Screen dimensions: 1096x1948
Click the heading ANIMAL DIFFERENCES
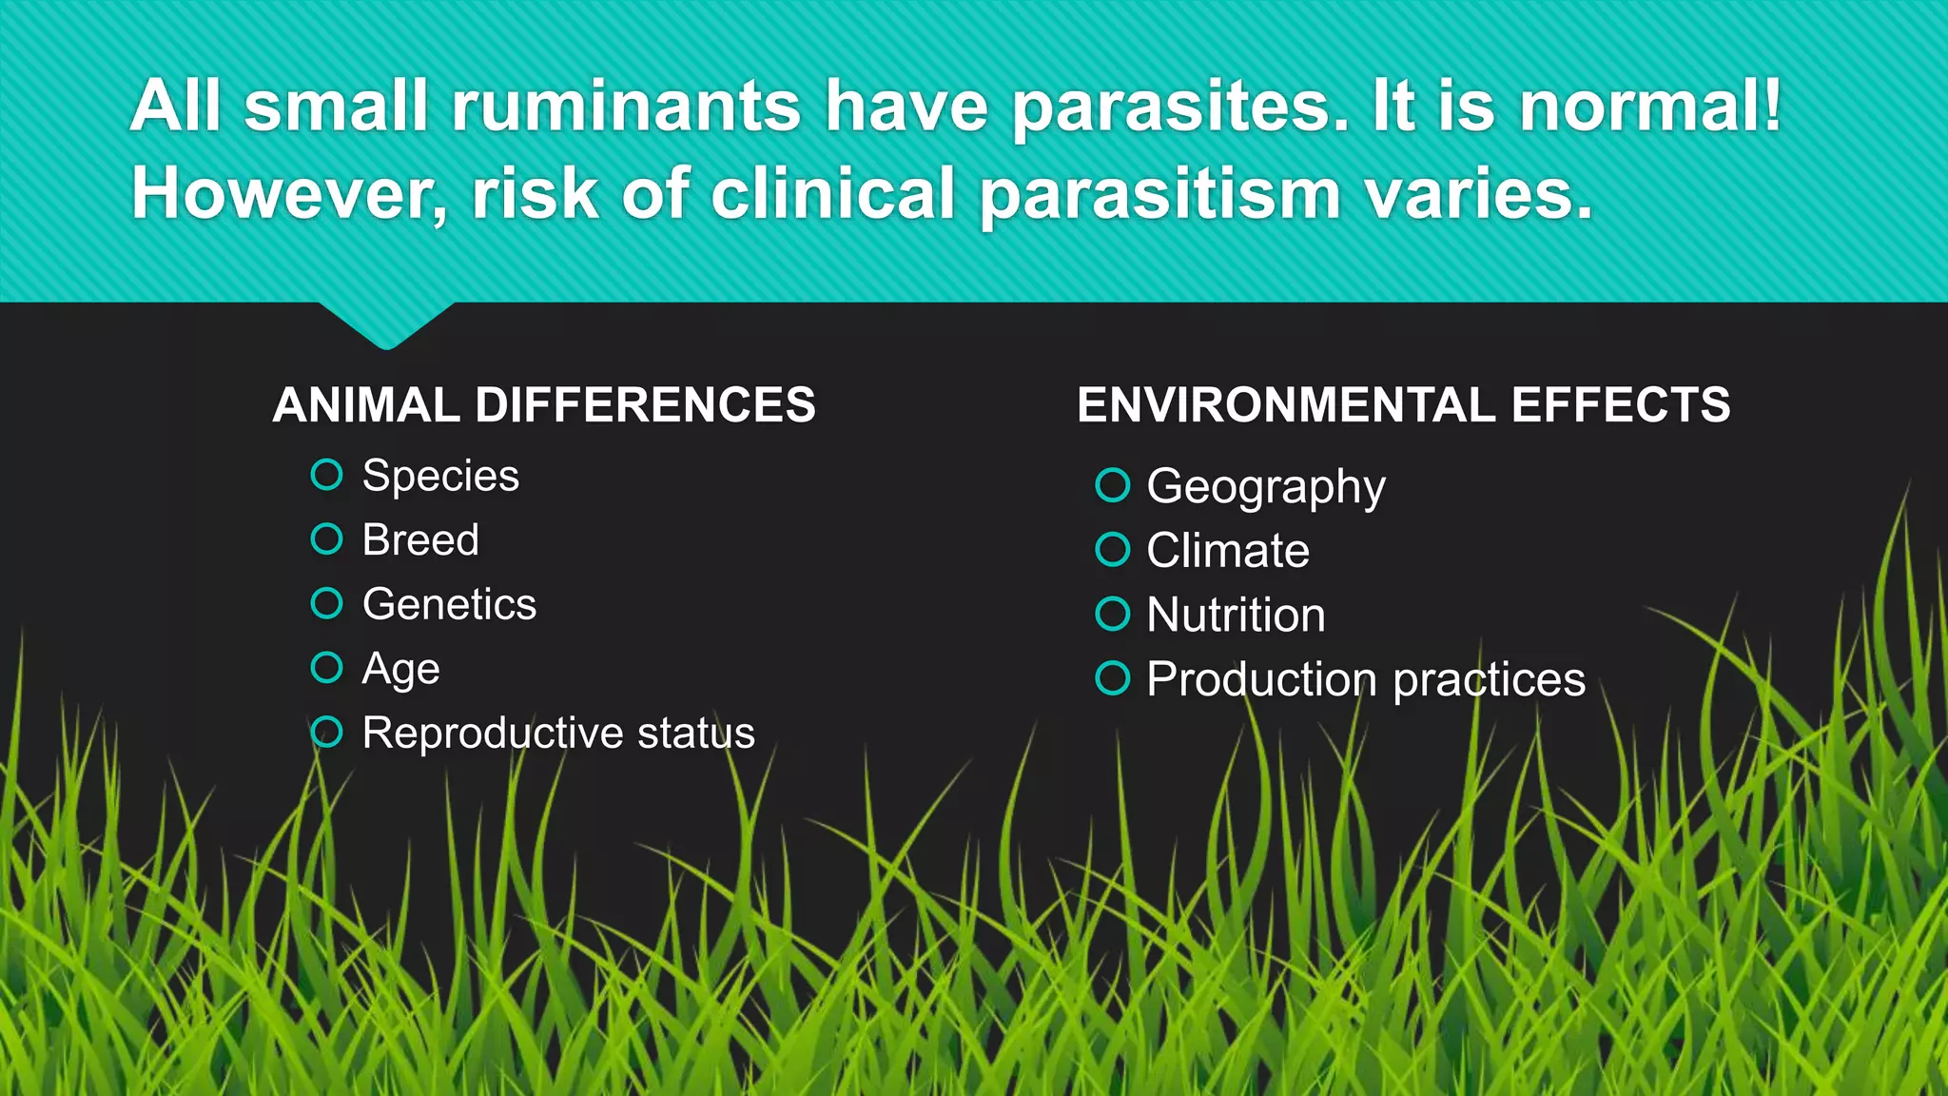(544, 405)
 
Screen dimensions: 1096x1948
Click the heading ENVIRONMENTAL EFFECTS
(1403, 405)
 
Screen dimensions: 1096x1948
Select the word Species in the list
(440, 476)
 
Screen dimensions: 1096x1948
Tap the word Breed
(420, 540)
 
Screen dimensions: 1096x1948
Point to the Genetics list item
(449, 604)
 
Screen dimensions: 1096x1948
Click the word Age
(400, 669)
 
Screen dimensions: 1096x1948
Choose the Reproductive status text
(558, 734)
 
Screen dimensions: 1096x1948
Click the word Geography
(1265, 487)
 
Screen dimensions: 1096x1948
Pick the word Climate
(1227, 551)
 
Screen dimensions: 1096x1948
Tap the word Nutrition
(1236, 615)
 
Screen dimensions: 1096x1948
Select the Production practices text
(1365, 679)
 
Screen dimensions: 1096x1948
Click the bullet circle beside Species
(326, 474)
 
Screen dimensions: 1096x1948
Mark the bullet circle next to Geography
(1112, 485)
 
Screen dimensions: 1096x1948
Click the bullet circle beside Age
(326, 667)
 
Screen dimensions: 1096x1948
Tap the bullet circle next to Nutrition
(1112, 614)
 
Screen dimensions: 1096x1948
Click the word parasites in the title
(1179, 107)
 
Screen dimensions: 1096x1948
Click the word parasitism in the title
(1159, 193)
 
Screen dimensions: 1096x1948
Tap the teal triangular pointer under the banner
(386, 323)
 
